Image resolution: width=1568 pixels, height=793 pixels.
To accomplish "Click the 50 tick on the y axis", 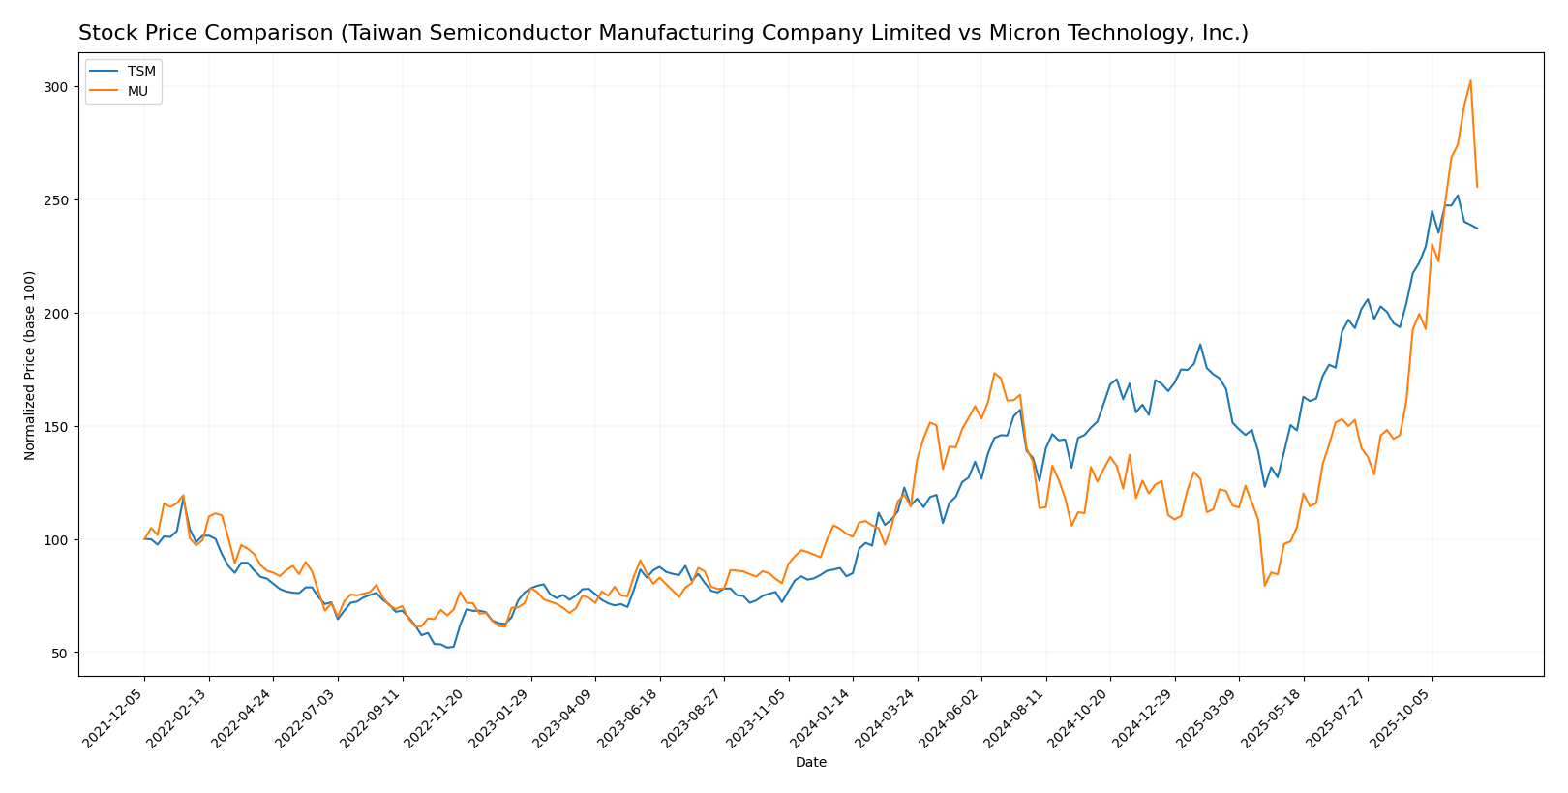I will coord(60,654).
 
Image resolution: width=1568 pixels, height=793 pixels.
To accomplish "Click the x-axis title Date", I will coord(810,763).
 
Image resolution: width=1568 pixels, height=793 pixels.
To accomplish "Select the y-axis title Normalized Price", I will coord(30,365).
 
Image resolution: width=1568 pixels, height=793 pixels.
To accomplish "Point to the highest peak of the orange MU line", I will coord(1470,80).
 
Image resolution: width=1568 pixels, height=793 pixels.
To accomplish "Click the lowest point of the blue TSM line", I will coord(447,647).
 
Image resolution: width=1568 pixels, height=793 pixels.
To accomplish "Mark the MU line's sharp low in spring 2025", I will coord(1264,585).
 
